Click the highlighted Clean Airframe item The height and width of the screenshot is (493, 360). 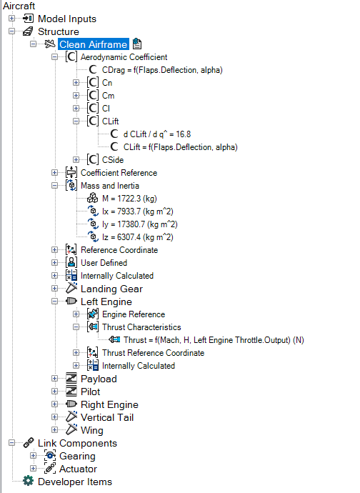coord(94,44)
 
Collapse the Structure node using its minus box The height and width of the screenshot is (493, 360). coord(12,31)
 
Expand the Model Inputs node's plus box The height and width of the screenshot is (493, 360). coord(12,19)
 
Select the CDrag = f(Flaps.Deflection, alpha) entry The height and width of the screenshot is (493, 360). coord(162,70)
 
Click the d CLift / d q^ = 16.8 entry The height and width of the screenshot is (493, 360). coord(157,134)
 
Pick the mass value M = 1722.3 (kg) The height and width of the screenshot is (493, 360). coord(129,199)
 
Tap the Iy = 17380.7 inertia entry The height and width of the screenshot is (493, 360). coord(140,224)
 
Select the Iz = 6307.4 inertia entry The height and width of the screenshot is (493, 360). coord(138,237)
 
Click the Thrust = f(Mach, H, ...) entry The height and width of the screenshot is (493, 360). coord(214,340)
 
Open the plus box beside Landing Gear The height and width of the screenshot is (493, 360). coord(55,289)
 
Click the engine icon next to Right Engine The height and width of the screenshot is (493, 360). coord(71,404)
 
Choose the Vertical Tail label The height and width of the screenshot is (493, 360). coord(107,417)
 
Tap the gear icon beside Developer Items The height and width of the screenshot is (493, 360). coord(29,481)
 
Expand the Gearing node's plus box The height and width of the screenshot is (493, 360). coord(34,456)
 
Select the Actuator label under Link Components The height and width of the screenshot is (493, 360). coord(79,469)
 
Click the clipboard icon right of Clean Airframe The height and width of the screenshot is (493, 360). coord(137,44)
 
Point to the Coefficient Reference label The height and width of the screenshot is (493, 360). coord(119,173)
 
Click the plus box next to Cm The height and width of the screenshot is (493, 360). coord(76,95)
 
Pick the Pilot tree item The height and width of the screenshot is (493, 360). coord(90,392)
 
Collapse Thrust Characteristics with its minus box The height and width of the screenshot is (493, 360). coord(76,327)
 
